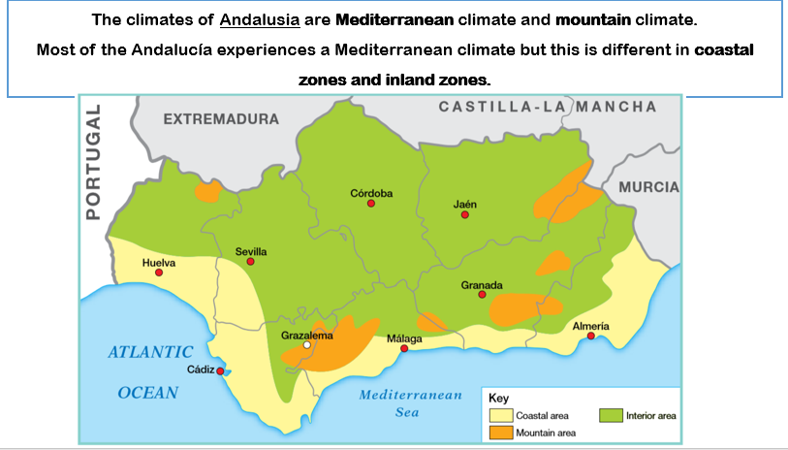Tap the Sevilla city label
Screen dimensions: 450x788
[250, 251]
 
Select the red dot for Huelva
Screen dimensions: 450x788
[159, 273]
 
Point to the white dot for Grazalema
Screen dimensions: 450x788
[306, 344]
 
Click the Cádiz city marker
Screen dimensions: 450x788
[221, 370]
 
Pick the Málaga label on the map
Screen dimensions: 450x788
[404, 337]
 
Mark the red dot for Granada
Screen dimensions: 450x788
[482, 295]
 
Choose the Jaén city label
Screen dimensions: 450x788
[465, 204]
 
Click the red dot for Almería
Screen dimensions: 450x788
[591, 337]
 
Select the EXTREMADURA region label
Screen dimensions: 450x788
[221, 119]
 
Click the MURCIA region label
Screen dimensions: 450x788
[648, 186]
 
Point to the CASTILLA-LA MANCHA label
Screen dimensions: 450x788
[547, 107]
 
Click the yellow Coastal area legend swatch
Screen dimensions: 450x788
[499, 415]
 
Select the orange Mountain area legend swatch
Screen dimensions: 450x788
[499, 432]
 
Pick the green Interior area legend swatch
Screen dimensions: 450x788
[611, 415]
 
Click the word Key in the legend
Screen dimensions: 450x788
[498, 398]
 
